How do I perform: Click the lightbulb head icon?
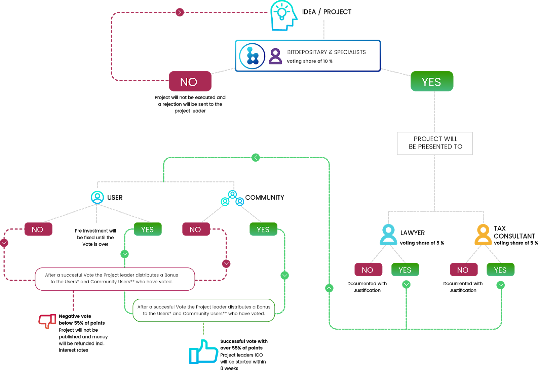tap(283, 15)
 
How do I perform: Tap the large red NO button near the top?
tap(190, 81)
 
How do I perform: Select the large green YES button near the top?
tap(432, 81)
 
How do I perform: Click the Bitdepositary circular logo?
tap(252, 56)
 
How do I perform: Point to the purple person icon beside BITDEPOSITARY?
tap(275, 56)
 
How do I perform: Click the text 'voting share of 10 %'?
tap(310, 61)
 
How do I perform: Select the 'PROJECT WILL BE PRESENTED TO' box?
tap(435, 143)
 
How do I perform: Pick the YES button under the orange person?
tap(500, 270)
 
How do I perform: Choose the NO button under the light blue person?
tap(368, 270)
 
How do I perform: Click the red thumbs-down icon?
tap(47, 321)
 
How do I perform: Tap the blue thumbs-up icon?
tap(203, 352)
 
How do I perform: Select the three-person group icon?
tap(232, 199)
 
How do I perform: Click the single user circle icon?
tap(98, 197)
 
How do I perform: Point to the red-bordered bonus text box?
tap(115, 279)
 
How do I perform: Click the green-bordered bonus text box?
tap(204, 310)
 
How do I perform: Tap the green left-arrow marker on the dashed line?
tap(256, 158)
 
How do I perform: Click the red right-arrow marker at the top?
tap(180, 13)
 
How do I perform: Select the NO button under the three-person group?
tap(196, 229)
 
